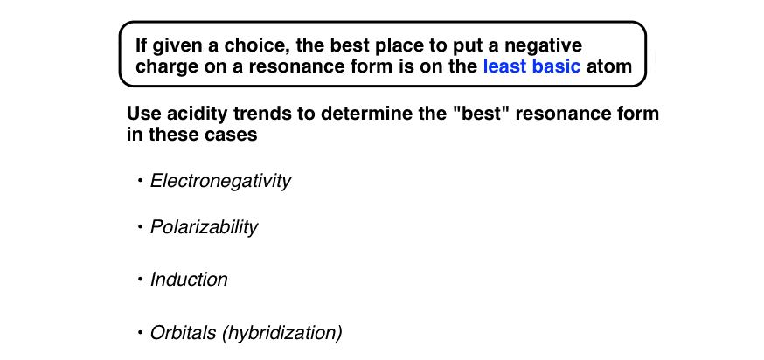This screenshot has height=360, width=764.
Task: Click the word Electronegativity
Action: point(220,181)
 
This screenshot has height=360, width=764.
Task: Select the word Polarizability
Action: point(204,227)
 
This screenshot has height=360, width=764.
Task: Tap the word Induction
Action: point(189,280)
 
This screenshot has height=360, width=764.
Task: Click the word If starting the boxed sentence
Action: point(141,44)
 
